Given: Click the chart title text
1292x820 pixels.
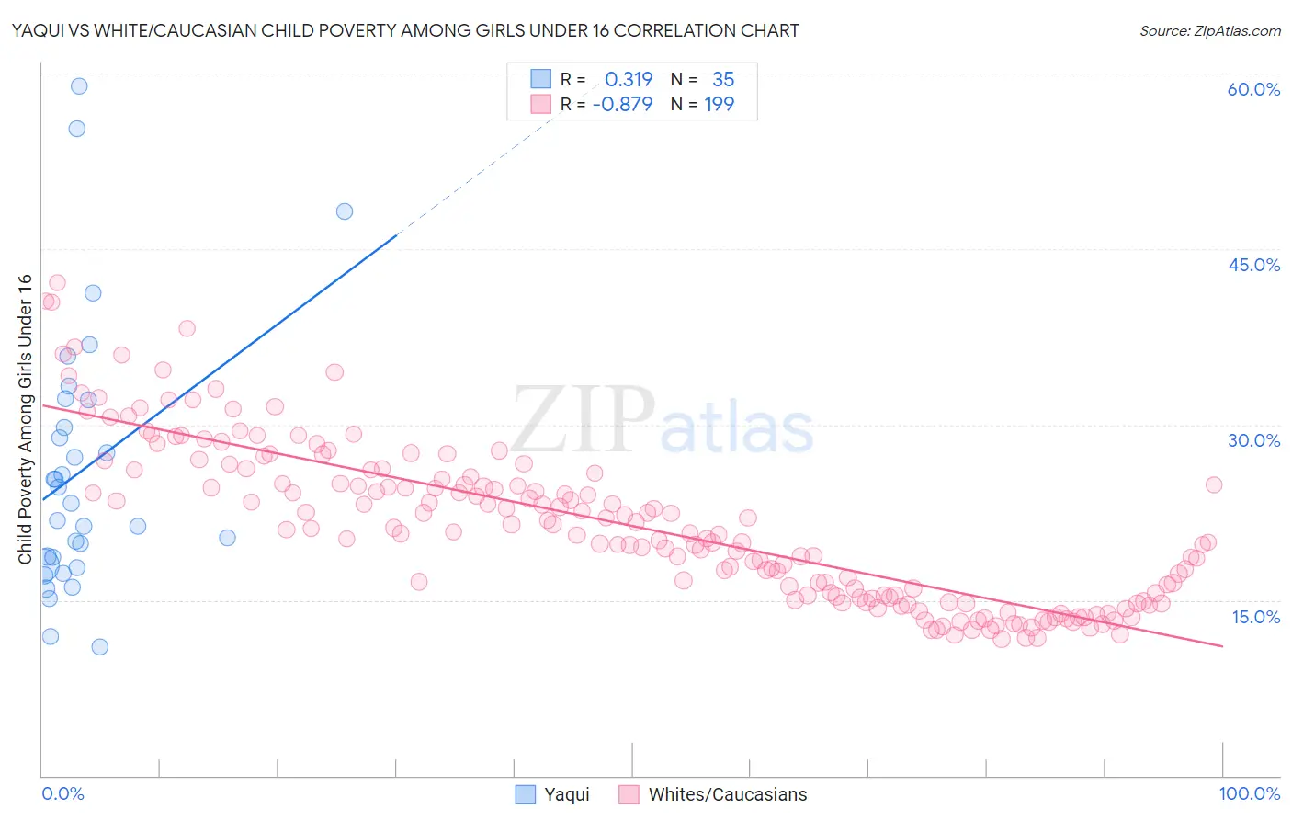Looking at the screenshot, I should [405, 30].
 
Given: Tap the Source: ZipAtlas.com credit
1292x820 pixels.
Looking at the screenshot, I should [1209, 30].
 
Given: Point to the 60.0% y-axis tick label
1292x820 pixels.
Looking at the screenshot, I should [1253, 89].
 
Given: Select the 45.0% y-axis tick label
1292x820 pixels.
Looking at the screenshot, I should [1253, 265].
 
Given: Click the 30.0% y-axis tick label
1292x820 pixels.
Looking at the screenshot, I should [1253, 440].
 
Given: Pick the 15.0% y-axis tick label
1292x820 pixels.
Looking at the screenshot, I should [1255, 617].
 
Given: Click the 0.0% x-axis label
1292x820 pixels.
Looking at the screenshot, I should [62, 793].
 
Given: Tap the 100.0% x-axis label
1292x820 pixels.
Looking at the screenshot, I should [1249, 793].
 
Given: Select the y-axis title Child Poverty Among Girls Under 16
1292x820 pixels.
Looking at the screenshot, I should [25, 419].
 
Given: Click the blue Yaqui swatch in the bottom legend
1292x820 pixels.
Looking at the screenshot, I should [525, 794].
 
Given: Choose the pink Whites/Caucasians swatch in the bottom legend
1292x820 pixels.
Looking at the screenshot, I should [629, 794].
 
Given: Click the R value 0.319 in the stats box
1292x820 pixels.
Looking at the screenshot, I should [629, 79].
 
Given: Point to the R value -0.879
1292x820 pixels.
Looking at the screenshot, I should [622, 104].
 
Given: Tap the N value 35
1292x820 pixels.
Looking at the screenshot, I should [723, 79].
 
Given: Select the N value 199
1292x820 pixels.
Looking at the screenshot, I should [719, 104].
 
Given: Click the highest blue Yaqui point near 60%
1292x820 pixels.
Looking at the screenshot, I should [79, 85].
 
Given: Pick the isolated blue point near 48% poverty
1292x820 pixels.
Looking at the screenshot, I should [345, 211].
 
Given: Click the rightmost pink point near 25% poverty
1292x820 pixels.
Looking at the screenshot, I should [1214, 484].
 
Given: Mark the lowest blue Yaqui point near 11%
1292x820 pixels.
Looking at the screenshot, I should [100, 646].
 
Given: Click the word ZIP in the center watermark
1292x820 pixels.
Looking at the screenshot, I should [583, 419].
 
